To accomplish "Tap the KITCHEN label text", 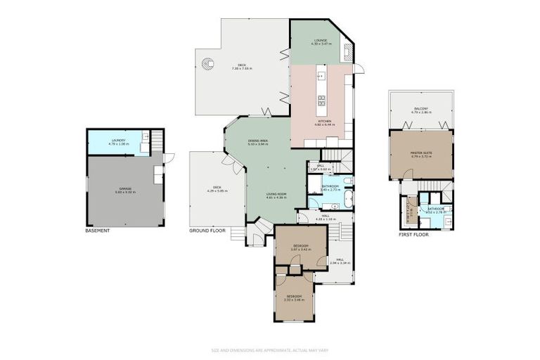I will tap(325, 122).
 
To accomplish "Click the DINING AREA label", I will tap(259, 141).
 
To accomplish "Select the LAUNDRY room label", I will tap(118, 141).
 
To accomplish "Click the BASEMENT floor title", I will tap(98, 231).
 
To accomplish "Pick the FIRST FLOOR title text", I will tap(413, 235).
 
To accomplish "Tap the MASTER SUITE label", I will tap(420, 154).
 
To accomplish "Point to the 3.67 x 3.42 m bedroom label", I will tap(300, 247).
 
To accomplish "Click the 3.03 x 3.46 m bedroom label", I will tap(294, 298).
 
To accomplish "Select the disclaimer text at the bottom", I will tap(270, 349).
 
